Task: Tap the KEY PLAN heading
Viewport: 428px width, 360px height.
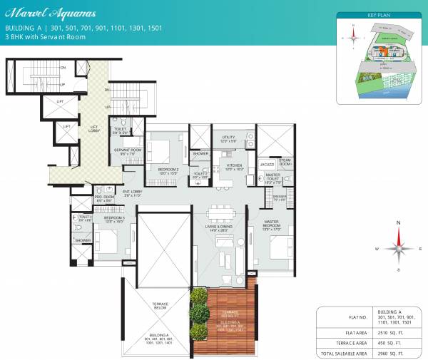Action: click(x=377, y=14)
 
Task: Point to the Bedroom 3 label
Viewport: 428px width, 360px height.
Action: click(x=113, y=218)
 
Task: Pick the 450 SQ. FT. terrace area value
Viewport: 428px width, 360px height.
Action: click(x=386, y=343)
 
